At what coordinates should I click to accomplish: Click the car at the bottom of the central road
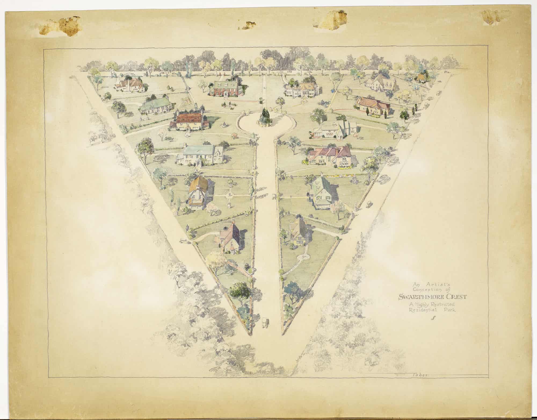click(265, 323)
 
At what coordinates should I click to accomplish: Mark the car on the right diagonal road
click(369, 203)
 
